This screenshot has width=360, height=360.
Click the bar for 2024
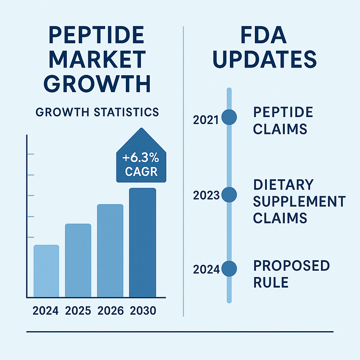pyautogui.click(x=46, y=271)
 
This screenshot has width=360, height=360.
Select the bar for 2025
pyautogui.click(x=78, y=260)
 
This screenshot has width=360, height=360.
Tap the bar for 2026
pyautogui.click(x=110, y=250)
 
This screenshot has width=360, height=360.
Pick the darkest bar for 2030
pyautogui.click(x=142, y=243)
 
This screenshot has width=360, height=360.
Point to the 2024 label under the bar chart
pyautogui.click(x=45, y=311)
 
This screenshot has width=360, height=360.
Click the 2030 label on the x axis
pyautogui.click(x=143, y=311)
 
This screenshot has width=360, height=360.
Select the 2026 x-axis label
pyautogui.click(x=110, y=311)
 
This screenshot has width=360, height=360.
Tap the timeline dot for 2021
pyautogui.click(x=229, y=117)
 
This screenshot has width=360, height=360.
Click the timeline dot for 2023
pyautogui.click(x=229, y=194)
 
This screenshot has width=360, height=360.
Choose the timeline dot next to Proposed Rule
pyautogui.click(x=229, y=269)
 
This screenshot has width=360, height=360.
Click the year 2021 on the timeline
pyautogui.click(x=206, y=120)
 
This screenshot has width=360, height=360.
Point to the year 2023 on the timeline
pyautogui.click(x=206, y=195)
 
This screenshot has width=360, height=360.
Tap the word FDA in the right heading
pyautogui.click(x=264, y=36)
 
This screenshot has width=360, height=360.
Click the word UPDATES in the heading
pyautogui.click(x=264, y=60)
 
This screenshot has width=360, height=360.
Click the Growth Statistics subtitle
pyautogui.click(x=97, y=112)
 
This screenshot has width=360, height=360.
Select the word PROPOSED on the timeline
pyautogui.click(x=291, y=266)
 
